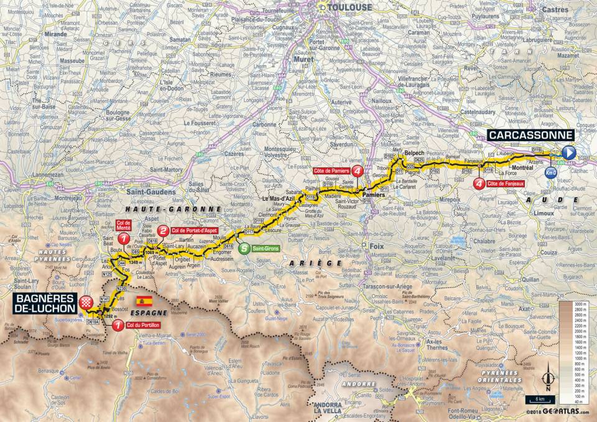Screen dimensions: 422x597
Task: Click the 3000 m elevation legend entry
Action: pyautogui.click(x=581, y=303)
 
